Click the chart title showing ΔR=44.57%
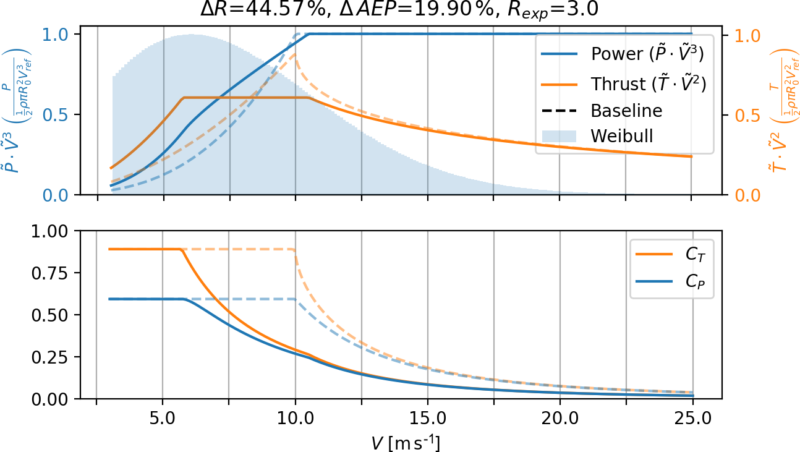pyautogui.click(x=399, y=11)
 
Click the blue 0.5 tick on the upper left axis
pyautogui.click(x=57, y=115)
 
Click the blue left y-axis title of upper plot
pyautogui.click(x=20, y=114)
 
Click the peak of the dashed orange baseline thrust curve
pyautogui.click(x=295, y=54)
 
